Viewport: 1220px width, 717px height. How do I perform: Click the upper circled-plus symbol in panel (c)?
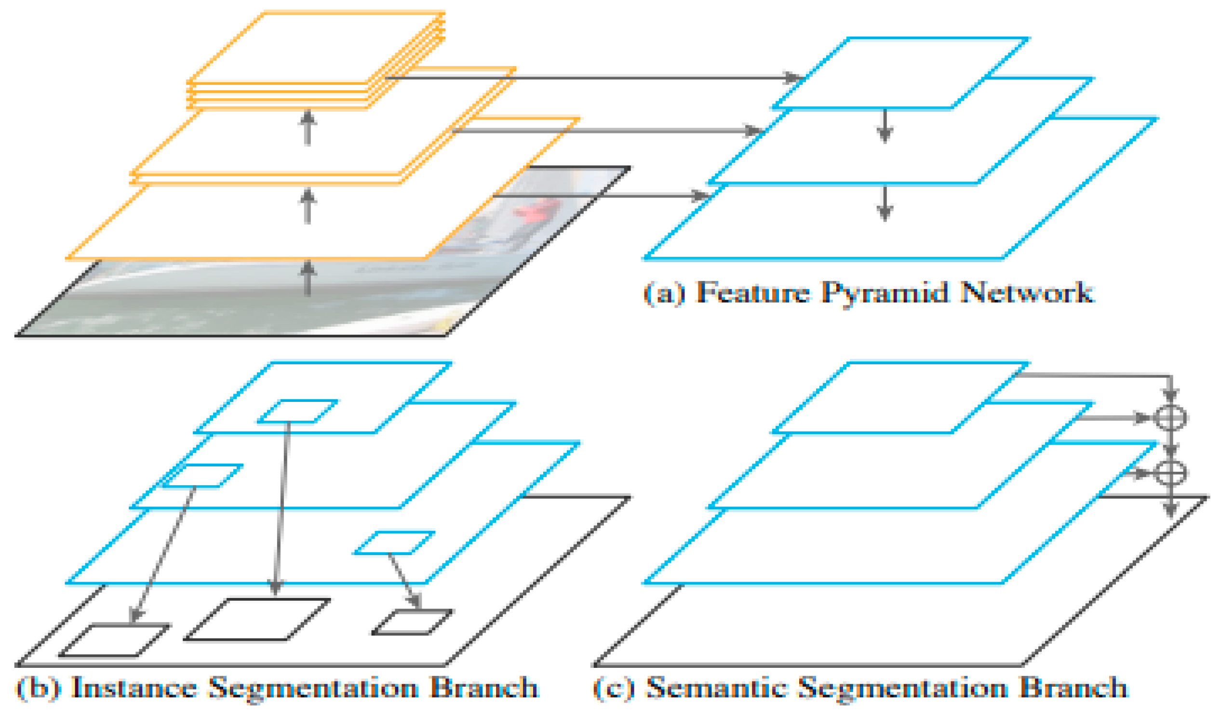pos(1171,417)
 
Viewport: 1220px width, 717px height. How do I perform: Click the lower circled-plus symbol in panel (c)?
pos(1171,473)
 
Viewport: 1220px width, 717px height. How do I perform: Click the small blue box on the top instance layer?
pos(297,411)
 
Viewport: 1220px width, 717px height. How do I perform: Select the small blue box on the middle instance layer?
pos(202,476)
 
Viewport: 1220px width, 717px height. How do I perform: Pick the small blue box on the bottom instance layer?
pos(394,543)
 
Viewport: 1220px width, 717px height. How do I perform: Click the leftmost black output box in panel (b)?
pos(114,640)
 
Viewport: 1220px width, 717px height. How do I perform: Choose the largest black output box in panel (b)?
pos(256,619)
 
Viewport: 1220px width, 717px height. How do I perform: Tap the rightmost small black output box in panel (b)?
pos(413,622)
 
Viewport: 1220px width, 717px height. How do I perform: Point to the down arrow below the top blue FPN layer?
pos(885,126)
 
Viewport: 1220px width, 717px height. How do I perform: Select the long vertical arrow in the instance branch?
pos(282,508)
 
